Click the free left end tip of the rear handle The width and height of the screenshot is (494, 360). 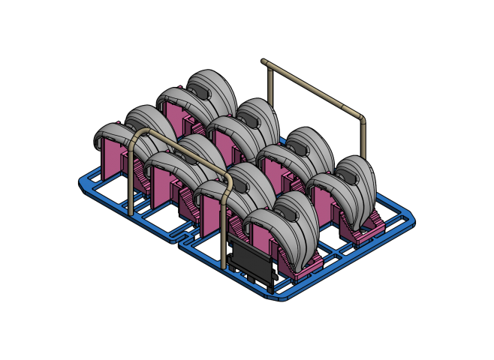coord(264,61)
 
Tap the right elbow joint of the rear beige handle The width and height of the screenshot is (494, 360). coord(361,116)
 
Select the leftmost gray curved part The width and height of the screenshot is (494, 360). coord(113,135)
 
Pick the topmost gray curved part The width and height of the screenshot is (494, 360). coord(214,86)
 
